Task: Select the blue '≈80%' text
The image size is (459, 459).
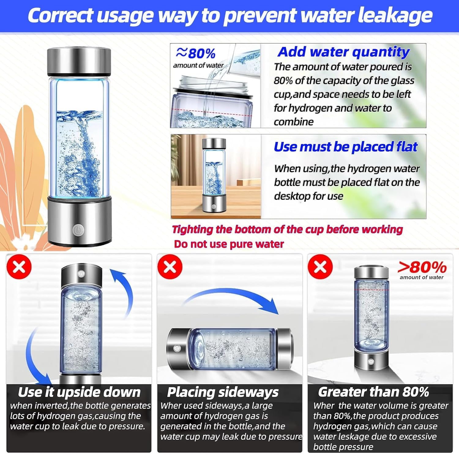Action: [196, 53]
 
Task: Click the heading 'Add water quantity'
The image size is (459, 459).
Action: [343, 52]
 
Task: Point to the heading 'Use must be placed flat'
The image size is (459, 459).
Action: [345, 147]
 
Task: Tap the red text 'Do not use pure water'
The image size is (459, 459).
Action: [229, 244]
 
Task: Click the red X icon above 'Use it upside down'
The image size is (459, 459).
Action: [19, 267]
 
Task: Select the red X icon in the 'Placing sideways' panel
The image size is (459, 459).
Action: [170, 267]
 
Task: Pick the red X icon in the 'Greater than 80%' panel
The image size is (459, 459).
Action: [320, 267]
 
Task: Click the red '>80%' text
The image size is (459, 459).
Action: [422, 267]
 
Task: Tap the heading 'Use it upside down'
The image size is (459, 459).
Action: [79, 392]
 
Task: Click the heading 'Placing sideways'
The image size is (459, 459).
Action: [223, 392]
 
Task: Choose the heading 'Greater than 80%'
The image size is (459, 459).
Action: [373, 392]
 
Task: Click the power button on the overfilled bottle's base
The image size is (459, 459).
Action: [371, 362]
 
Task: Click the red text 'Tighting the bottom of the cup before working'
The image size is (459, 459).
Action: [287, 229]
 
